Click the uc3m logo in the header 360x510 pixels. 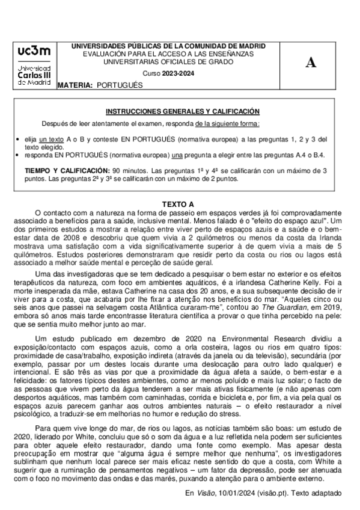(x=34, y=66)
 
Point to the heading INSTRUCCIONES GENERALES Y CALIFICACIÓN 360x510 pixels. (x=183, y=111)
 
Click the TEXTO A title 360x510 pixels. (x=179, y=204)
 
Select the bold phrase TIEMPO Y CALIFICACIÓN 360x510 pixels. (x=67, y=171)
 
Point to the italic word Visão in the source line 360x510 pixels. (x=207, y=493)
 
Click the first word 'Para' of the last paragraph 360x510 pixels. (x=43, y=426)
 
